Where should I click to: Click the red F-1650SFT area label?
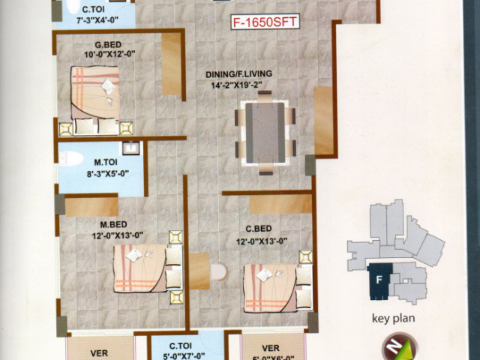[265, 22]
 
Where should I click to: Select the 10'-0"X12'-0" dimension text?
[109, 55]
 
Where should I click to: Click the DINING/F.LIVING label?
[238, 74]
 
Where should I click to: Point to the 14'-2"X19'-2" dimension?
[237, 85]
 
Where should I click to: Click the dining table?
[265, 133]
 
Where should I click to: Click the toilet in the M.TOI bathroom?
[71, 158]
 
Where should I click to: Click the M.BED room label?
[113, 225]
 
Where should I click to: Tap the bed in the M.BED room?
[148, 268]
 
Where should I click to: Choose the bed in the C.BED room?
[278, 288]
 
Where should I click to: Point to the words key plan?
[393, 318]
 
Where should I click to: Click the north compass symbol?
[400, 346]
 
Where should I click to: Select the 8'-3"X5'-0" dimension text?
[107, 174]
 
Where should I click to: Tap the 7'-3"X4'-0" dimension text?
[97, 20]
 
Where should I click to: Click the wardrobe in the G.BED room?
[172, 64]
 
